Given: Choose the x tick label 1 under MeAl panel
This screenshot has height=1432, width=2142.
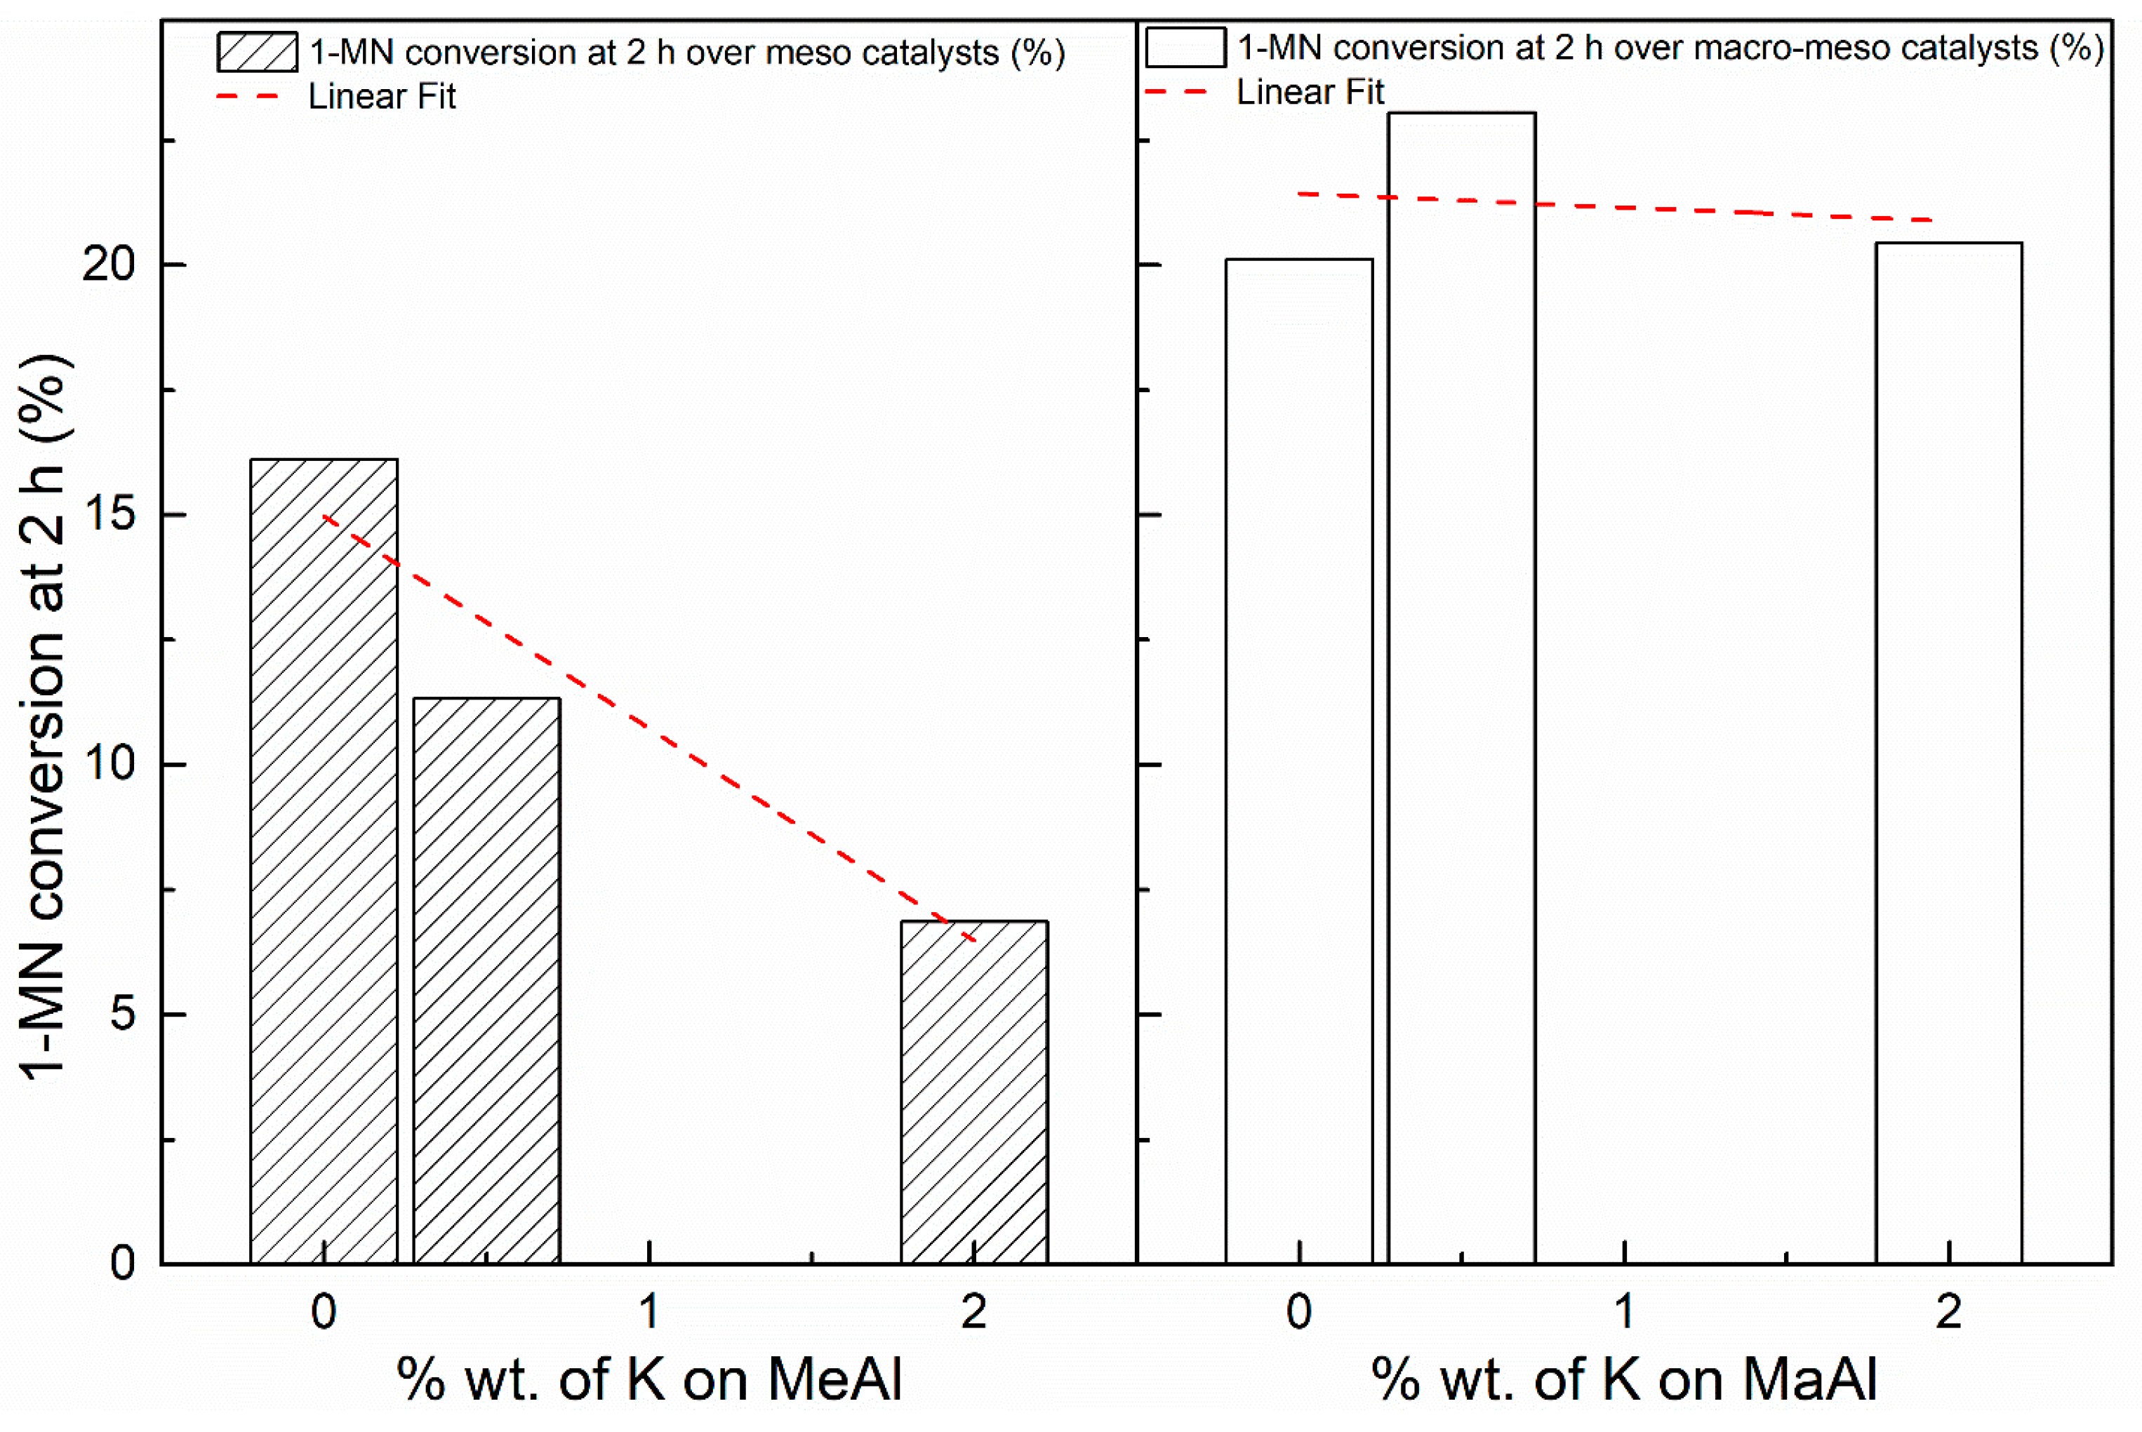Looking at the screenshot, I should (x=648, y=1312).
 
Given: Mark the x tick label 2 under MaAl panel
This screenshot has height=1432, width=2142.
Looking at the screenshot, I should (x=1948, y=1312).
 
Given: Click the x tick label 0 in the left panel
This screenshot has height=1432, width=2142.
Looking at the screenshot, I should (x=324, y=1312).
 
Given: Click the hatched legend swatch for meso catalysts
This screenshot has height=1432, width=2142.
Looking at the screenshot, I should (x=257, y=52).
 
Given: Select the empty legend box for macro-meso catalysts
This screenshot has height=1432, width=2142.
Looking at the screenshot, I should (x=1185, y=48).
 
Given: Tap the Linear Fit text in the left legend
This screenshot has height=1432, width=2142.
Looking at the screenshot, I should (x=381, y=97).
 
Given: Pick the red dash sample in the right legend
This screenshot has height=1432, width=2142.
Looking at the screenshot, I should (x=1176, y=91).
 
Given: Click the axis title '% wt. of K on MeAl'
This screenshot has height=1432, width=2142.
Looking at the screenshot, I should (x=648, y=1380).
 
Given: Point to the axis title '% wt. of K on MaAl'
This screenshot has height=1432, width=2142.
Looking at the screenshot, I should (x=1623, y=1380).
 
